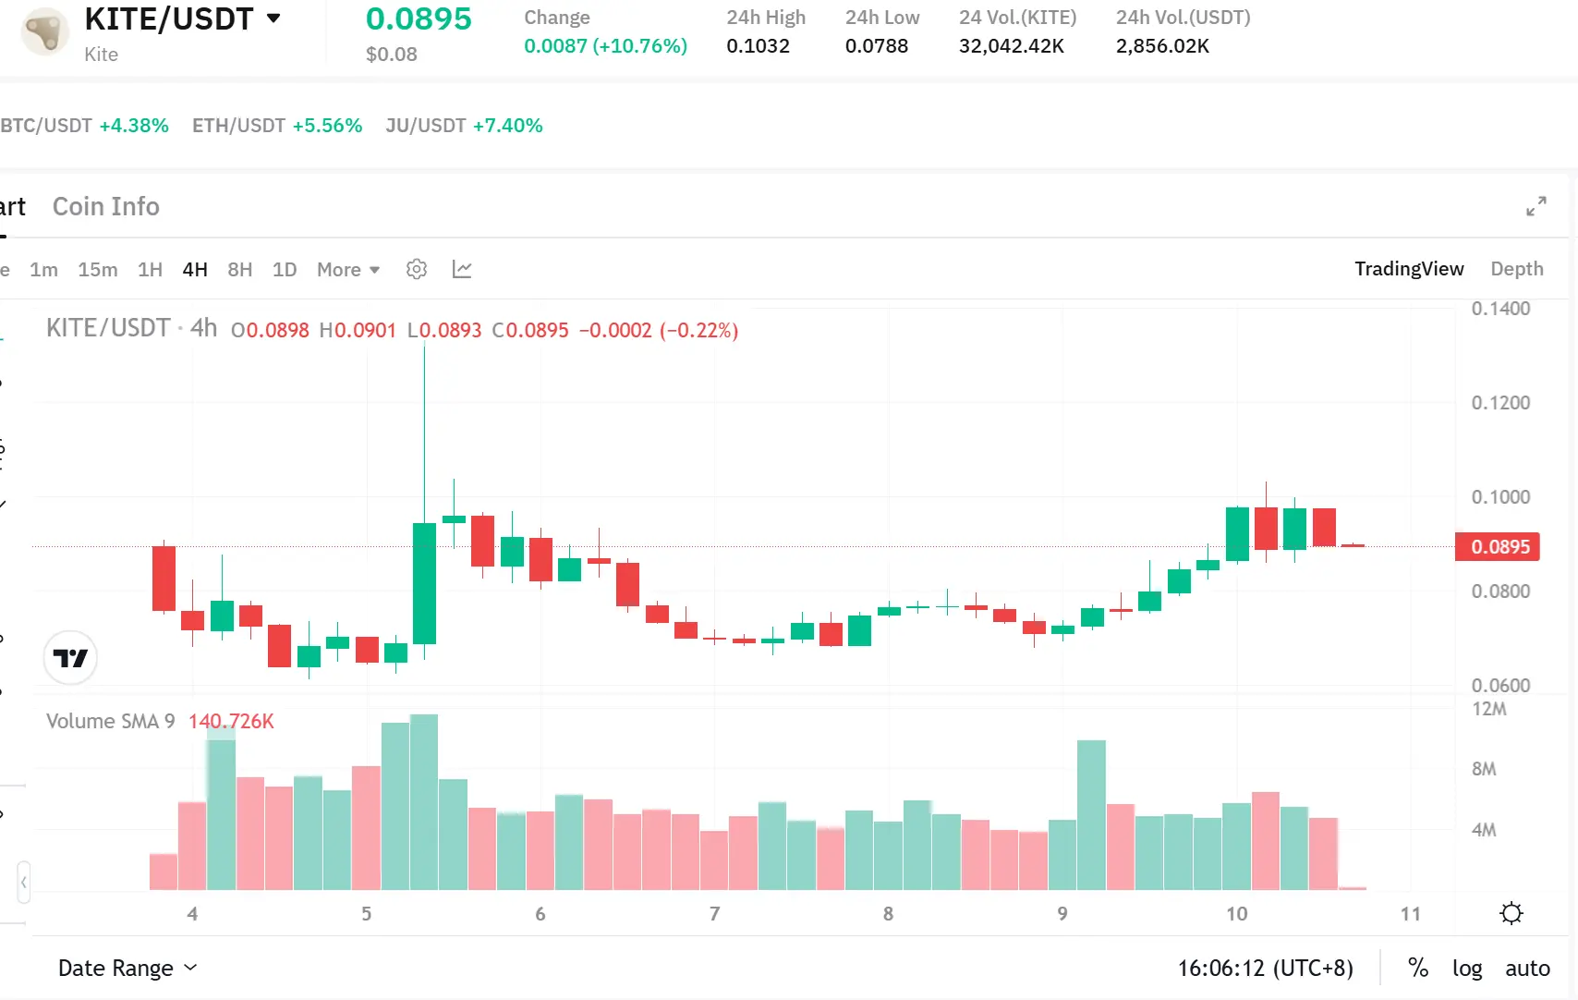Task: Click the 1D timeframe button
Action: [285, 270]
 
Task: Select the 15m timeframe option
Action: [98, 270]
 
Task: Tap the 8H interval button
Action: [240, 270]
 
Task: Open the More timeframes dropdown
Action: [348, 270]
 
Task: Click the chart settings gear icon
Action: [417, 269]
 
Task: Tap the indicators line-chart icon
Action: [462, 269]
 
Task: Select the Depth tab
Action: [1516, 269]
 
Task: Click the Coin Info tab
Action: [106, 207]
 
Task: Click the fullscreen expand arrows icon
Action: [1536, 206]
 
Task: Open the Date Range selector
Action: [127, 968]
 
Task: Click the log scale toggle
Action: [1466, 968]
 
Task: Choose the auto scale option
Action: [1527, 968]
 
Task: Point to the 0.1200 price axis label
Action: [1500, 403]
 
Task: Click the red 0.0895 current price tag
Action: [1499, 547]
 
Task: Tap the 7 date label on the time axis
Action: [714, 914]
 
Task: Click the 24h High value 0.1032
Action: [758, 46]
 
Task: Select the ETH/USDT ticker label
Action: [238, 126]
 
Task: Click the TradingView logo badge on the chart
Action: [70, 658]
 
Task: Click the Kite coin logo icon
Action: [44, 31]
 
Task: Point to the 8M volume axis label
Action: [1484, 769]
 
